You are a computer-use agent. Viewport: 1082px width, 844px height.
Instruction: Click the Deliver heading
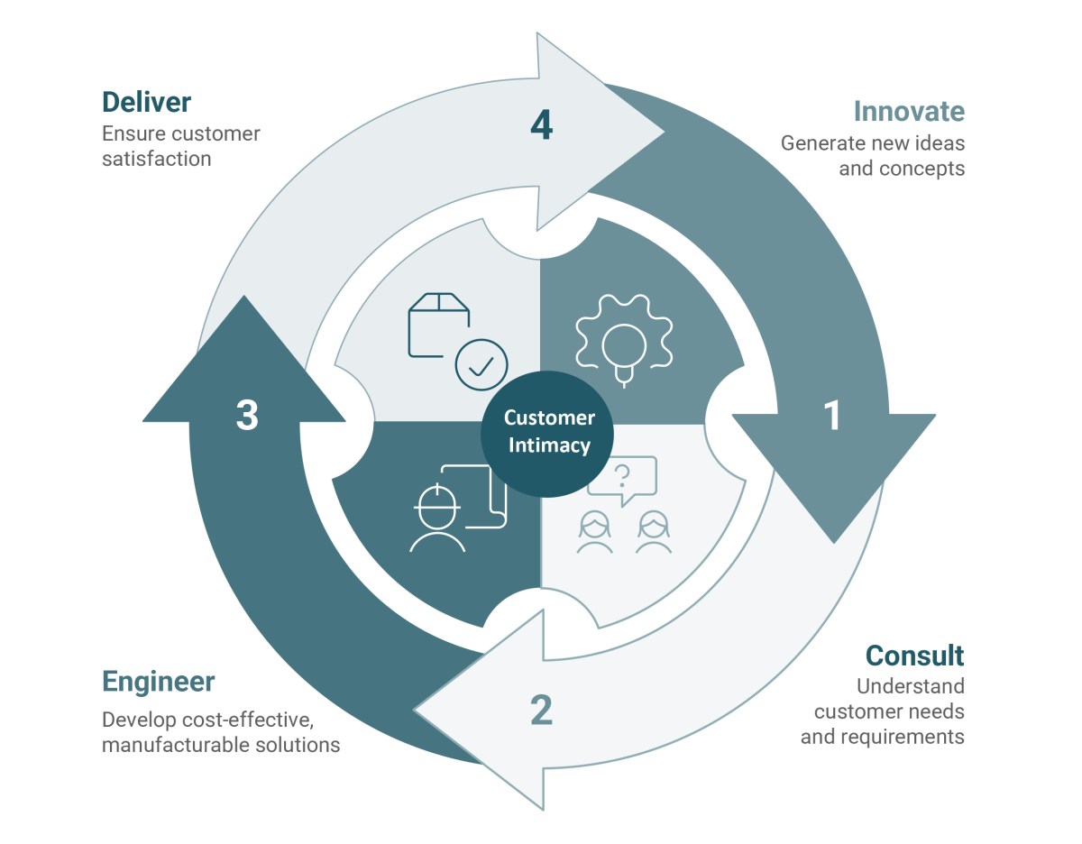point(146,102)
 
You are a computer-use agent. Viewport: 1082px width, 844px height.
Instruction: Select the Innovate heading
point(909,112)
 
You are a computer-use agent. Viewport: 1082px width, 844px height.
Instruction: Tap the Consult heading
point(914,656)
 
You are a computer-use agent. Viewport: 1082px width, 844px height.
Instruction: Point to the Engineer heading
point(158,682)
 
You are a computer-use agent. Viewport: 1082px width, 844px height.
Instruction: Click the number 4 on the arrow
point(541,125)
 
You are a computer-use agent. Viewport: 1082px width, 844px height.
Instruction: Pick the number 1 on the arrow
point(831,416)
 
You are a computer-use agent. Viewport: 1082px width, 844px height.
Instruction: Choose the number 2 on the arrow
point(541,711)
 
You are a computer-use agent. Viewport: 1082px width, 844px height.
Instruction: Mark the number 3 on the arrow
point(247,416)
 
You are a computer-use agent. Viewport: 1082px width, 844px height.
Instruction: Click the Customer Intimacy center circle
point(547,432)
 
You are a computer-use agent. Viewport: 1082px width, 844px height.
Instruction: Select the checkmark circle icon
point(481,364)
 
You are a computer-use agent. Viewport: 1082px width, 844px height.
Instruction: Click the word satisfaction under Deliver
point(157,159)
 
